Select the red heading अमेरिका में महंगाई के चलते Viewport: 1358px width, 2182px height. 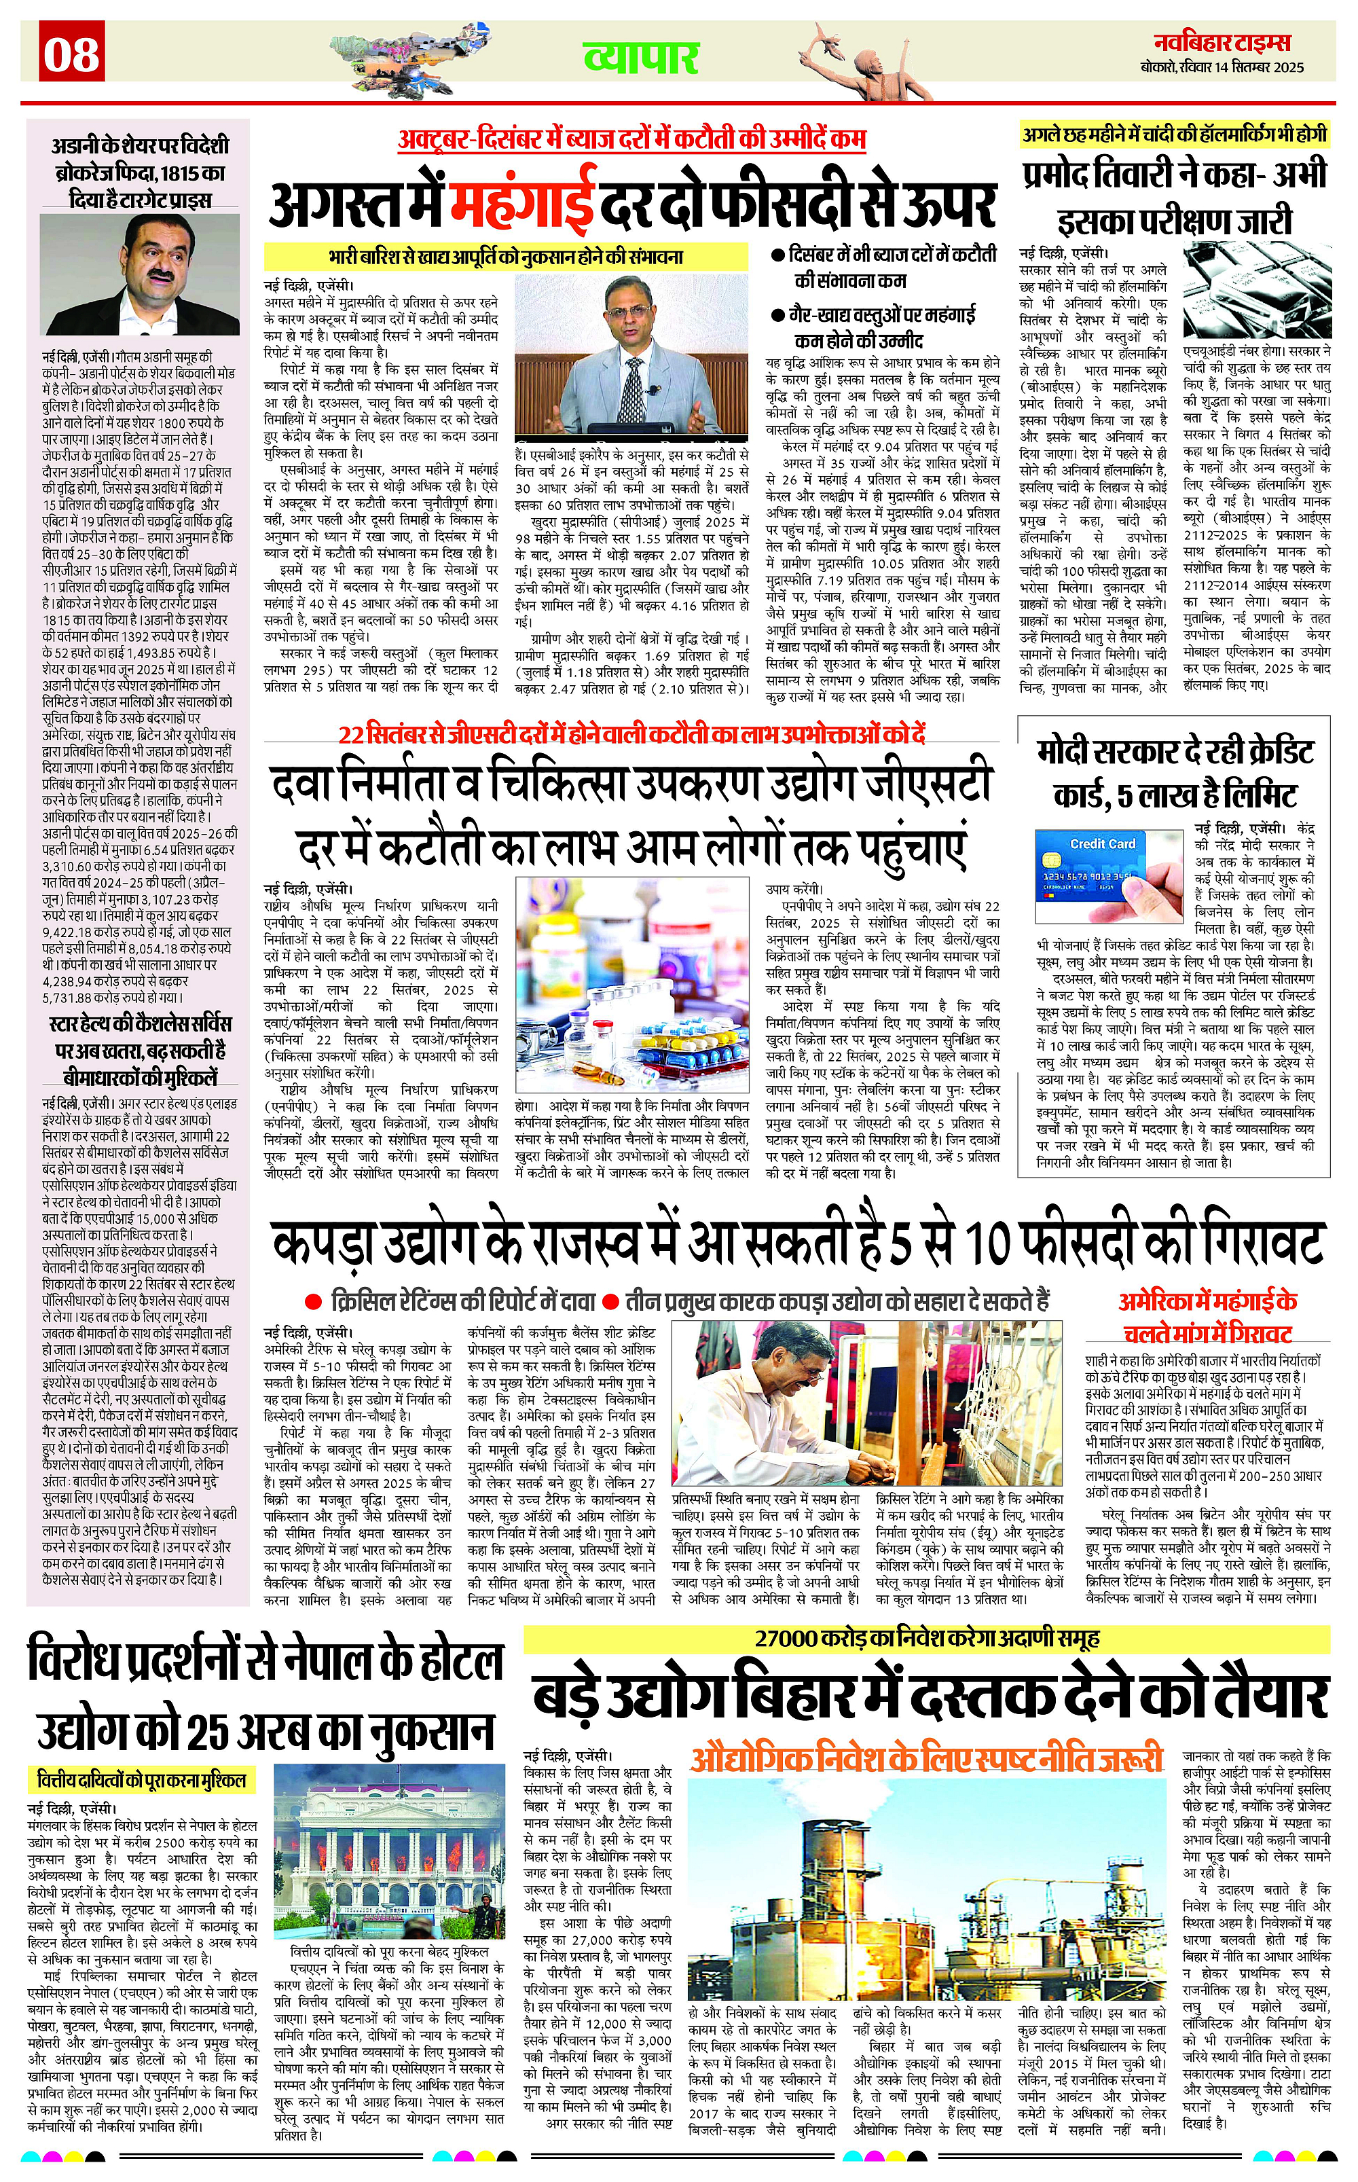point(1207,1316)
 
